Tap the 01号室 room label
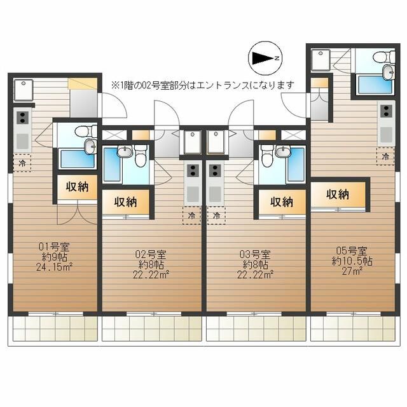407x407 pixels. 53,245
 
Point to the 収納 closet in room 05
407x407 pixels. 338,195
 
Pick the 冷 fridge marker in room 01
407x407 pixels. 22,163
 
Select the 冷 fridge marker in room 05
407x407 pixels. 385,156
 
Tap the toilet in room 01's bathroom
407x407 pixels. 82,132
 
